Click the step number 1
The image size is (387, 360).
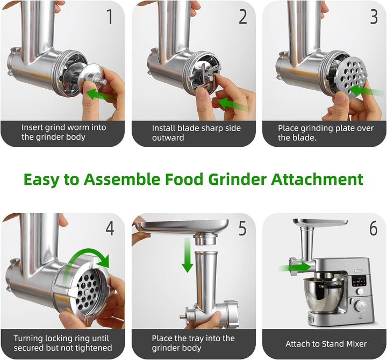[110, 17]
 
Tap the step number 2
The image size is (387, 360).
[243, 17]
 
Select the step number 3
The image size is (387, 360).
[374, 17]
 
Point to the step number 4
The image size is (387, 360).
[110, 228]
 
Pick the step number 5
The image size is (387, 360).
[242, 228]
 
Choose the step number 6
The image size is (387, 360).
[374, 228]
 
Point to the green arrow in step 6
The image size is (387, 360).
[295, 267]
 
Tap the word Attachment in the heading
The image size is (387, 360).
[317, 179]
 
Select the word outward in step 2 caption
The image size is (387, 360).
[168, 138]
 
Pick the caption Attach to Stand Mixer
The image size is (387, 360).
[326, 344]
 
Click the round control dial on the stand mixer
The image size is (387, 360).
[361, 306]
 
